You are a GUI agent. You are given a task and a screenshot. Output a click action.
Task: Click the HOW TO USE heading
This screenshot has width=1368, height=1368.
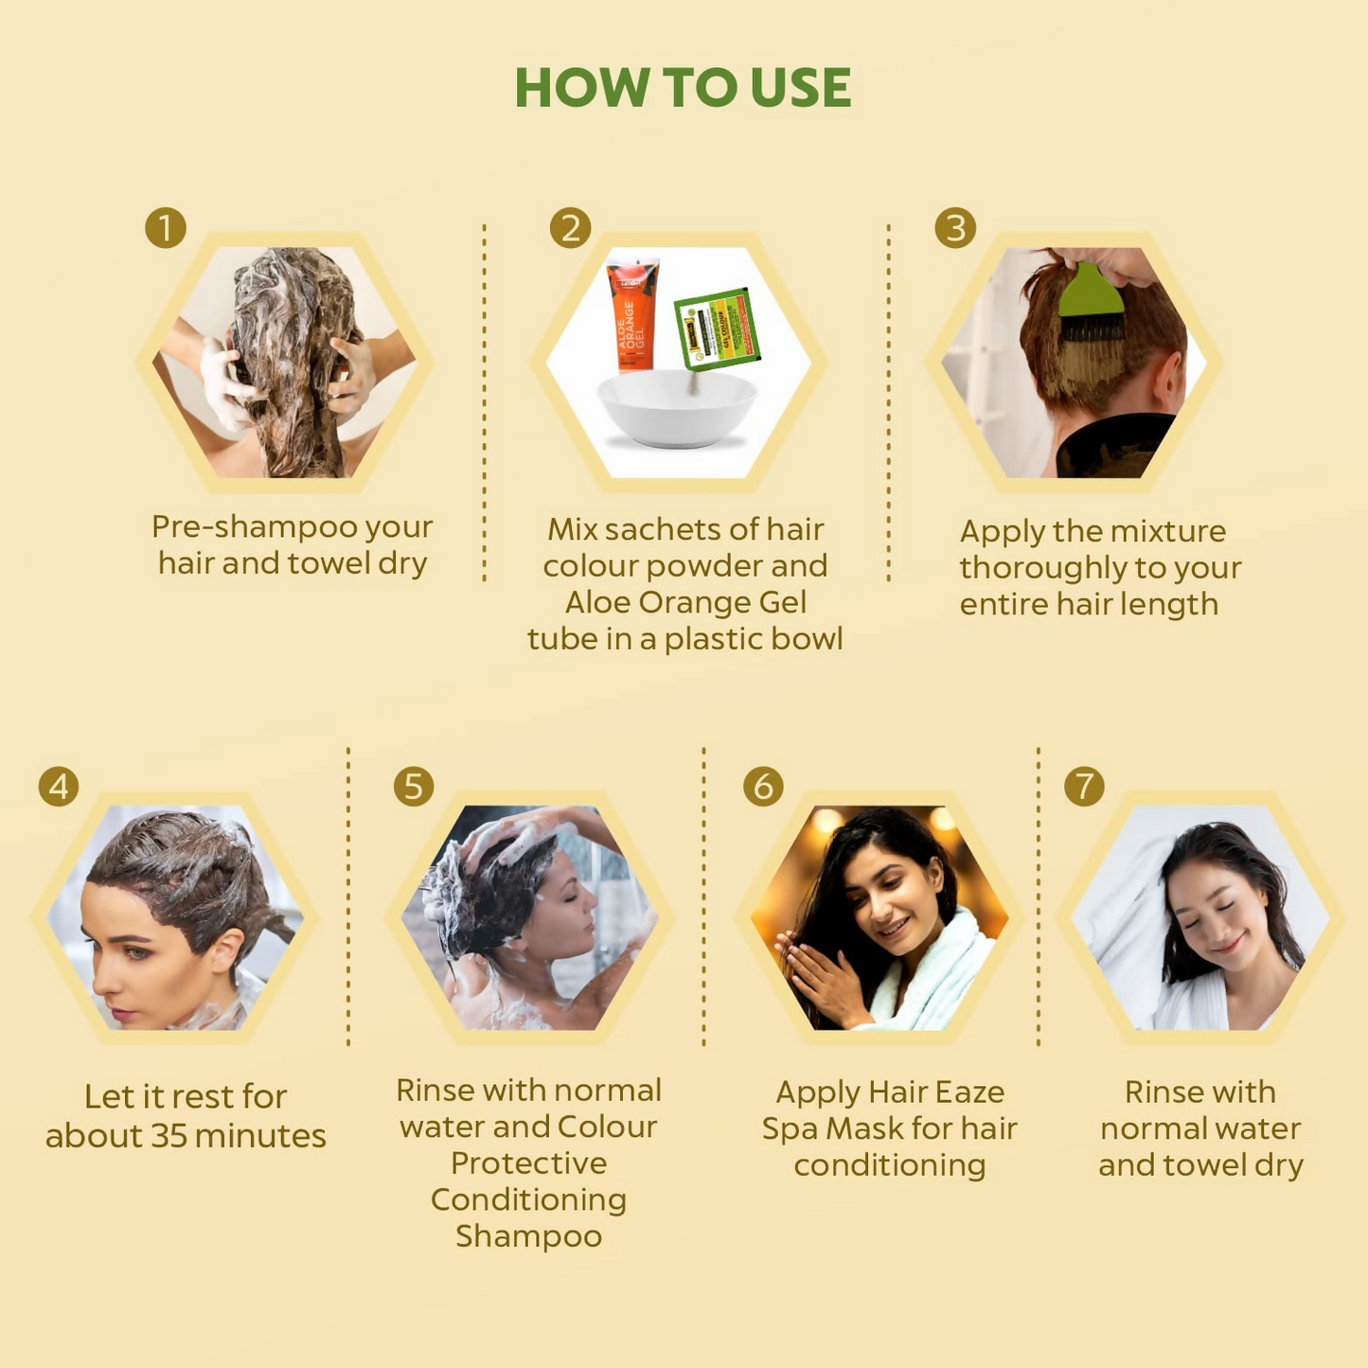click(x=683, y=88)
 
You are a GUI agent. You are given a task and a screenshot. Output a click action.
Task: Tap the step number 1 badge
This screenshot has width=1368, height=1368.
click(x=166, y=228)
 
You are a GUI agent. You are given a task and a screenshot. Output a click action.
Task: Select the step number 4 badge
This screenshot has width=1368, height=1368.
click(x=59, y=787)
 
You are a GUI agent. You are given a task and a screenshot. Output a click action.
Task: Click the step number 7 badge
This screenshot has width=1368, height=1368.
click(x=1084, y=787)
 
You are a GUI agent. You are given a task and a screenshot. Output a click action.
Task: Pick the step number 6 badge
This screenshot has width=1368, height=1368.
click(x=763, y=787)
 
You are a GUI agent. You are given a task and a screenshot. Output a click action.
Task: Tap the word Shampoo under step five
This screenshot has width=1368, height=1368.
click(x=528, y=1236)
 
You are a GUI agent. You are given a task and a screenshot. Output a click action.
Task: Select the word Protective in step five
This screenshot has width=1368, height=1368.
click(x=528, y=1164)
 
